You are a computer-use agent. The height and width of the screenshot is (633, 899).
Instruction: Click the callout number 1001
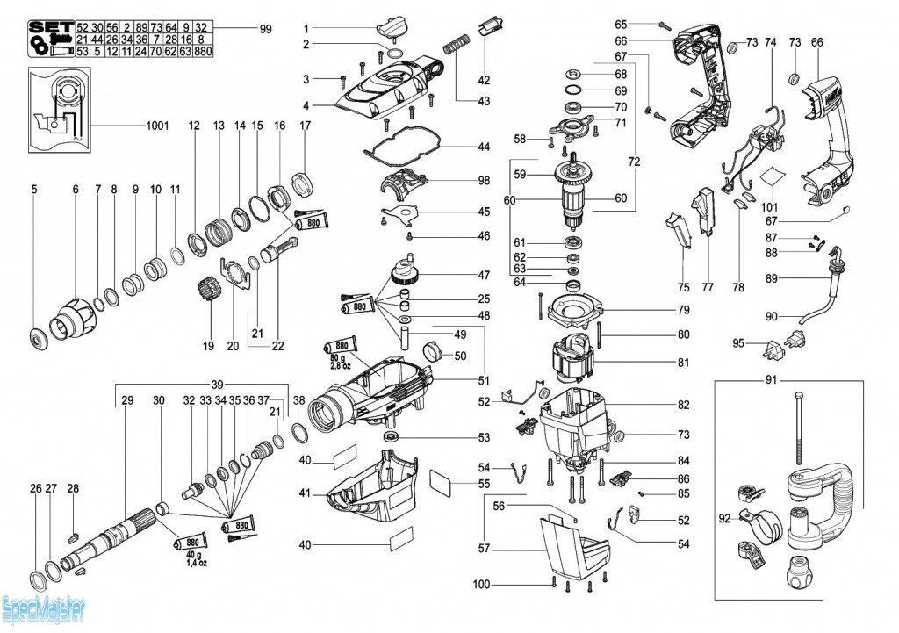pyautogui.click(x=158, y=126)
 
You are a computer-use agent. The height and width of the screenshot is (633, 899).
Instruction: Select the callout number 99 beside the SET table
pyautogui.click(x=266, y=29)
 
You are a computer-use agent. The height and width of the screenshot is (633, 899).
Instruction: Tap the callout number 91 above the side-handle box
pyautogui.click(x=772, y=381)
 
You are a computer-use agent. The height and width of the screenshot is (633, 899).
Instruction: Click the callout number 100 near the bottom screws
pyautogui.click(x=481, y=585)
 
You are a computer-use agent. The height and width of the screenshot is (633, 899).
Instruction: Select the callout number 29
pyautogui.click(x=127, y=400)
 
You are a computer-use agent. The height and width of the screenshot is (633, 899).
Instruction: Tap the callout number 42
pyautogui.click(x=484, y=81)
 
